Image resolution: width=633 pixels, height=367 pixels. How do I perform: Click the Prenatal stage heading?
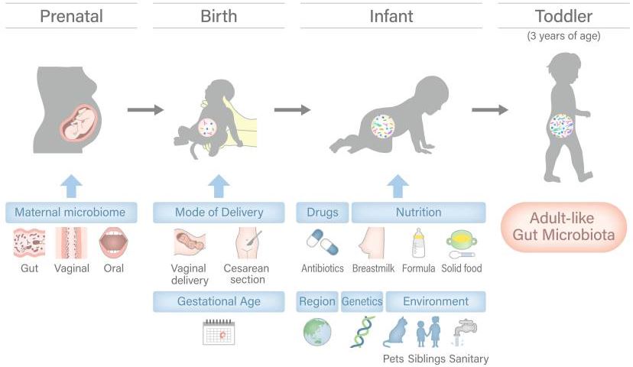click(x=71, y=16)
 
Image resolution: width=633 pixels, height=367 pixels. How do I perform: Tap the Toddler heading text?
click(x=563, y=16)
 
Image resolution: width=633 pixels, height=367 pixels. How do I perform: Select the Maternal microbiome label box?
click(x=71, y=213)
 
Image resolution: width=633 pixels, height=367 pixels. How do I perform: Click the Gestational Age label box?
click(x=219, y=301)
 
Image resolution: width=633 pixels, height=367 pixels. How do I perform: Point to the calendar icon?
click(x=219, y=333)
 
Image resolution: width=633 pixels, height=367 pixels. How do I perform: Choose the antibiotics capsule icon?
click(x=322, y=242)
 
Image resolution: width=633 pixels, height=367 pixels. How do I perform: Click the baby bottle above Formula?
click(x=419, y=242)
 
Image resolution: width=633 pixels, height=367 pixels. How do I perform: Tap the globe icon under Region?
click(x=317, y=332)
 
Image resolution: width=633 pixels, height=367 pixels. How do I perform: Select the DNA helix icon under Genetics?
click(x=362, y=332)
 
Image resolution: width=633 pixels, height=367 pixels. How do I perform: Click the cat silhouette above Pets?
click(x=396, y=333)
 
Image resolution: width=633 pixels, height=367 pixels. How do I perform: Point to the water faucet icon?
click(x=465, y=333)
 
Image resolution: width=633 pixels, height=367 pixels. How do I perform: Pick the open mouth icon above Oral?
click(x=113, y=242)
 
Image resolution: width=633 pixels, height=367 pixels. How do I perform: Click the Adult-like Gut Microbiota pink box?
click(x=563, y=227)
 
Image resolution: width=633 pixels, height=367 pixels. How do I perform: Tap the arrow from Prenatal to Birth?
click(x=146, y=109)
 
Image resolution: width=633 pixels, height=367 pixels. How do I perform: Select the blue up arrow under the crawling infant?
click(x=398, y=186)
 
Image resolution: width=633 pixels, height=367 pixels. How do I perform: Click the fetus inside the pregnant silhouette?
click(x=81, y=122)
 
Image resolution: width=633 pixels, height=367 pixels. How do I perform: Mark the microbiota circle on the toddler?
click(x=562, y=125)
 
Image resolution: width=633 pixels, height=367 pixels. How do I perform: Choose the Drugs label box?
click(x=322, y=213)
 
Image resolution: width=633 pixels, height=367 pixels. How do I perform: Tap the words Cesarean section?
click(x=246, y=274)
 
